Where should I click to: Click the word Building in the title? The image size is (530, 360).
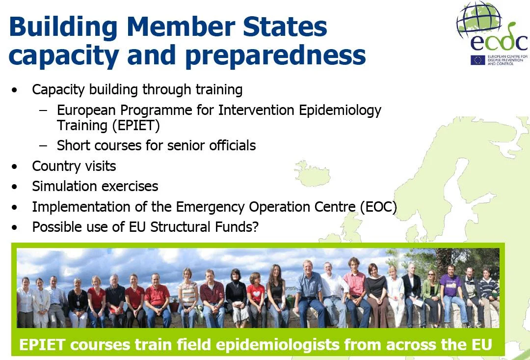click(x=63, y=27)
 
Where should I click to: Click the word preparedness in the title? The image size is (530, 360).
click(x=275, y=55)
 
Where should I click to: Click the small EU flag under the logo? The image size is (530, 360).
click(x=477, y=60)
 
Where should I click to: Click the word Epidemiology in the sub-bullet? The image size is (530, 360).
click(x=340, y=111)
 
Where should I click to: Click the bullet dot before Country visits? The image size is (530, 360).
click(x=14, y=166)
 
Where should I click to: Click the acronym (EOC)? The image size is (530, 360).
click(x=378, y=207)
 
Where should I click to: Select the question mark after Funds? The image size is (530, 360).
click(x=255, y=227)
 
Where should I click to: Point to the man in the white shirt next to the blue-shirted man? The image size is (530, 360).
click(x=332, y=294)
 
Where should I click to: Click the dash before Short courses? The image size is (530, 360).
click(x=43, y=146)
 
